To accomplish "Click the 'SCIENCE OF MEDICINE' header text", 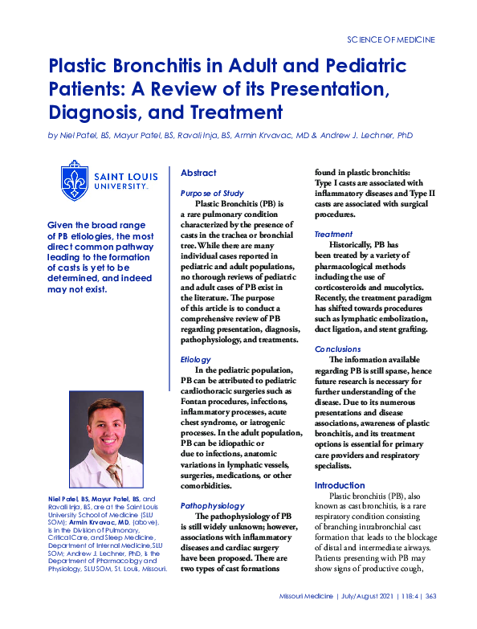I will pos(391,39).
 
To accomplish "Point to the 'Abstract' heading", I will pos(198,173).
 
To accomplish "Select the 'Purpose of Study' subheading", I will pos(212,194).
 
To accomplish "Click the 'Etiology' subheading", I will pos(196,360).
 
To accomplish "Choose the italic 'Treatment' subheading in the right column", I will pos(332,234).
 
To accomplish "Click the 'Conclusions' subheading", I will pos(338,349).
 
